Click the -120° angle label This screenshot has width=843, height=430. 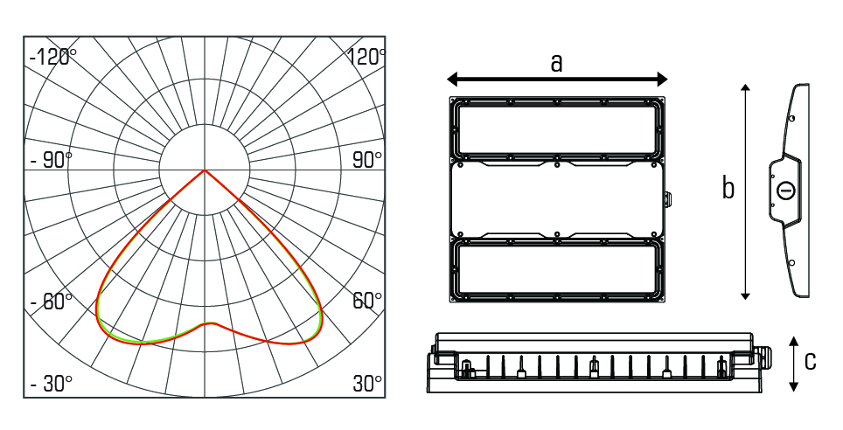click(52, 57)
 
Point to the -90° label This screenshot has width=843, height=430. click(51, 160)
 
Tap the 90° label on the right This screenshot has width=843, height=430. click(367, 160)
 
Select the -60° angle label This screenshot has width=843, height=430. click(51, 301)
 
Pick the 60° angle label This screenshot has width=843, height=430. click(367, 301)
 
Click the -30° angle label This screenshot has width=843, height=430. click(51, 384)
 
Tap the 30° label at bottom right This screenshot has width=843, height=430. click(367, 384)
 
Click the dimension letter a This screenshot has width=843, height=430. click(556, 64)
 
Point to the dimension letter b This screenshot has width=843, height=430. click(728, 188)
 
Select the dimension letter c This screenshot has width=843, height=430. click(810, 361)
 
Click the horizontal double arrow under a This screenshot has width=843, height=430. click(557, 80)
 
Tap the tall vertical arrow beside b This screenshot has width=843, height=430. click(745, 192)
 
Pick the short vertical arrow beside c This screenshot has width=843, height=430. click(793, 364)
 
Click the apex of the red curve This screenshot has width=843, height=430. click(205, 170)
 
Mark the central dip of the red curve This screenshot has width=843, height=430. click(210, 323)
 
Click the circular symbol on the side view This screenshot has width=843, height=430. click(786, 191)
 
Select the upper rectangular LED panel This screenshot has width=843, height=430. click(557, 128)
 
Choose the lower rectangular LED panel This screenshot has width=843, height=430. click(557, 269)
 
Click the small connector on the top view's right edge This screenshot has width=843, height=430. click(667, 199)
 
